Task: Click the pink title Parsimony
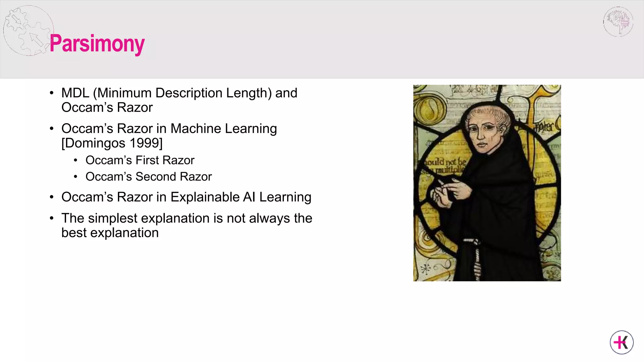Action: click(x=97, y=44)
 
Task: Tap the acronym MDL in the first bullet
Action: click(x=75, y=93)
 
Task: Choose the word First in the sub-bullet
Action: click(x=147, y=160)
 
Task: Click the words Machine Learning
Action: click(x=223, y=129)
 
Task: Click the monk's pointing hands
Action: click(x=450, y=192)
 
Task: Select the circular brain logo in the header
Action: click(x=618, y=22)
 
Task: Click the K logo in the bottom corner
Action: click(x=622, y=343)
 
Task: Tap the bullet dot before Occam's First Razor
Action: click(x=75, y=161)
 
